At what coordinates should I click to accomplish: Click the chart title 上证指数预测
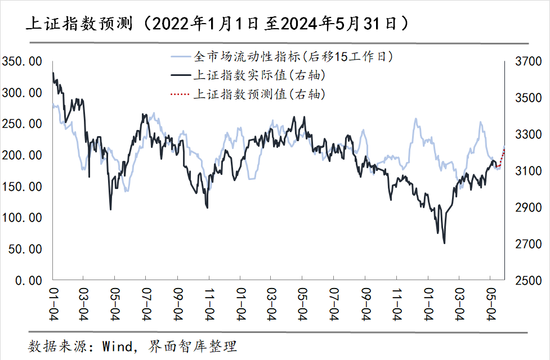(x=79, y=23)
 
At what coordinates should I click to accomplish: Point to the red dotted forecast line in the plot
(x=500, y=160)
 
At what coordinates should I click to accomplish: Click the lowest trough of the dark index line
(x=444, y=243)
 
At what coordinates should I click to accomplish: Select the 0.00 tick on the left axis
(x=28, y=280)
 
